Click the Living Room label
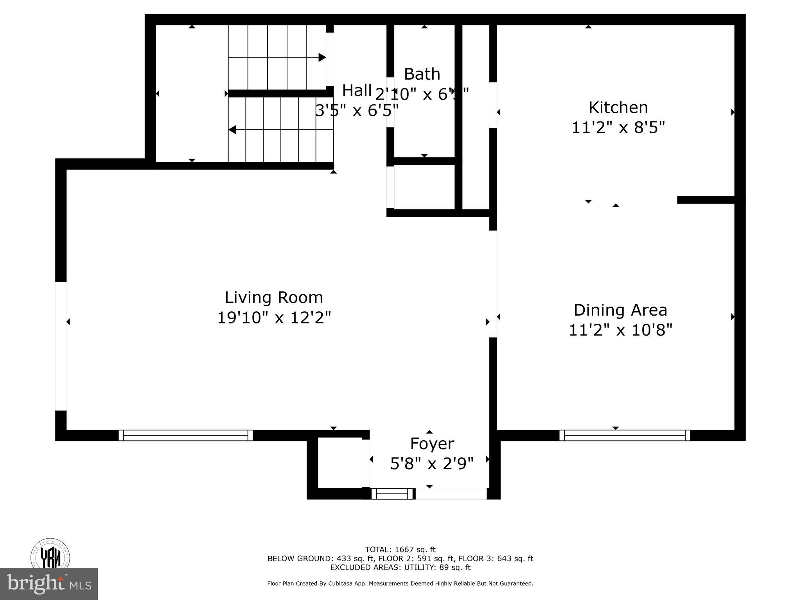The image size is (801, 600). pos(274,298)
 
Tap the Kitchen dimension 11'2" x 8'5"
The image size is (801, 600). pos(618,128)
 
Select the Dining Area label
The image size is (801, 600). pos(620,311)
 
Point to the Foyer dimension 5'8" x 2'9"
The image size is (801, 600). pos(432,464)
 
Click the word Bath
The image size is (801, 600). pos(422,74)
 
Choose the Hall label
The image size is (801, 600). pos(357,91)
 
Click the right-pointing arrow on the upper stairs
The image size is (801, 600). pos(322,57)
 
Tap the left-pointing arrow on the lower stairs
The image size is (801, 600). pos(232,130)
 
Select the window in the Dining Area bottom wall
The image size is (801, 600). pos(625,435)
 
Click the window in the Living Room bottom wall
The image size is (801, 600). pos(186,435)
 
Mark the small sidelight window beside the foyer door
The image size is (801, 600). pos(392,494)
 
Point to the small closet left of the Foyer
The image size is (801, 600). pos(339,462)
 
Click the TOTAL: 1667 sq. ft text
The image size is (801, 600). pos(400,550)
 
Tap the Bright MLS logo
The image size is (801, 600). pos(49,584)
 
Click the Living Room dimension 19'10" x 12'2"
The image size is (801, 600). pos(274,318)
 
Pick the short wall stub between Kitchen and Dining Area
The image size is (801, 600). pos(706,200)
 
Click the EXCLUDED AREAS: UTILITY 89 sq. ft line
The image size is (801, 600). pos(400,568)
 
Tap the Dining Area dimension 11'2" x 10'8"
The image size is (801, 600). pos(620,330)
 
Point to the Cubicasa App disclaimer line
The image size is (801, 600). pos(400,584)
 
